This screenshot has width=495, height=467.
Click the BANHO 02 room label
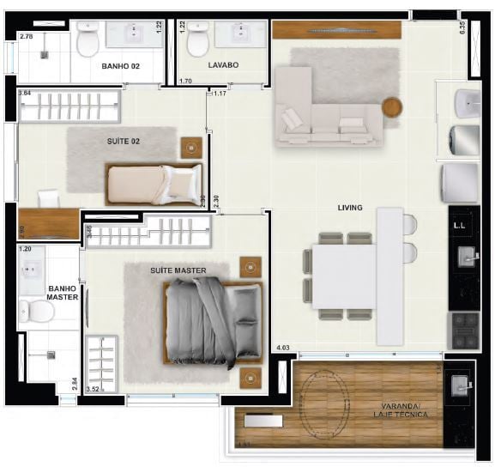coord(120,65)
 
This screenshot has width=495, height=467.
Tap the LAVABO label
coord(222,65)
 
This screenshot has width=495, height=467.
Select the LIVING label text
coord(350,208)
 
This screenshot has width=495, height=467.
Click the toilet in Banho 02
coord(88,39)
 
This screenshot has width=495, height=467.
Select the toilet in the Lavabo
coord(198,39)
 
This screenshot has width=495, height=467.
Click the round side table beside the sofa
coord(392,107)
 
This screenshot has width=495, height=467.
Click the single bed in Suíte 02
coord(153,183)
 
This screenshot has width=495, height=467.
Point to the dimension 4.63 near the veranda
coord(284,348)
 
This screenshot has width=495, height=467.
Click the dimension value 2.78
coord(26,37)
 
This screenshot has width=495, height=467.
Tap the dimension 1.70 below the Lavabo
coord(185,82)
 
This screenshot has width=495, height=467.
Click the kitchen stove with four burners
coord(465,327)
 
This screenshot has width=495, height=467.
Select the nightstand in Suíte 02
coord(190,147)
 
